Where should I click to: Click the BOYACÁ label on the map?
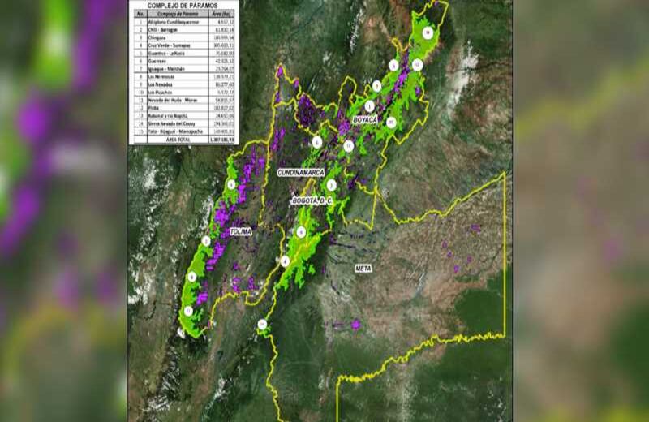[x=365, y=119]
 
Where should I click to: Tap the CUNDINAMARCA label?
[x=301, y=173]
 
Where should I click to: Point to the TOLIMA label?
[x=241, y=231]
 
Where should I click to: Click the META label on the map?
[x=363, y=267]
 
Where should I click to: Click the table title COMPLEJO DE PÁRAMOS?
[x=181, y=5]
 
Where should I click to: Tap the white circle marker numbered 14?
[x=428, y=32]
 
